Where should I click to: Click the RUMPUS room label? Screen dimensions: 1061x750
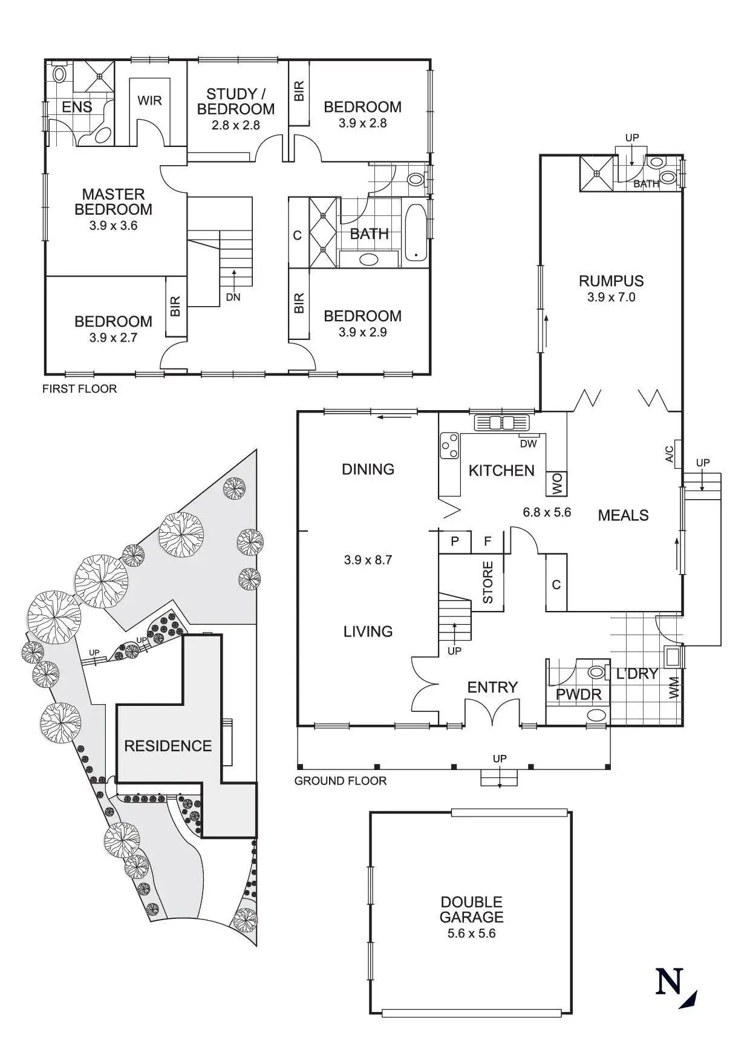coord(611,281)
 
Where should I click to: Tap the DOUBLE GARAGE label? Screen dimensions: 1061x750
coord(471,909)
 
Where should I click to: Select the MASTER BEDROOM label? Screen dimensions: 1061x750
coord(114,202)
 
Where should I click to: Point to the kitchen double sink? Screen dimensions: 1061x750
coord(501,422)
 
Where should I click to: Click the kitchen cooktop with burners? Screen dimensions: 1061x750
coord(449,446)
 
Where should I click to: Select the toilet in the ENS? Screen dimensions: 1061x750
coord(59,74)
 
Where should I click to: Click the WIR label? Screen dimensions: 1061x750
coord(149,100)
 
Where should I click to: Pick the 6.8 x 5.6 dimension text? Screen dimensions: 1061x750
coord(547,512)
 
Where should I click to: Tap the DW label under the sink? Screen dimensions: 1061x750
coord(529,444)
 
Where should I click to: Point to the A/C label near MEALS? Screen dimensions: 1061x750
coord(670,454)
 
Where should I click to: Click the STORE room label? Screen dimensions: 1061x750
coord(488,583)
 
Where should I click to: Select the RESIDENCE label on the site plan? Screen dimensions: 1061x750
coord(168,746)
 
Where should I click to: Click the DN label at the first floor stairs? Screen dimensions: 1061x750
coord(233,297)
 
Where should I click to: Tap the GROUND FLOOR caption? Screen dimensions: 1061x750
coord(341,781)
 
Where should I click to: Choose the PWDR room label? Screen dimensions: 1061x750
coord(579,694)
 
